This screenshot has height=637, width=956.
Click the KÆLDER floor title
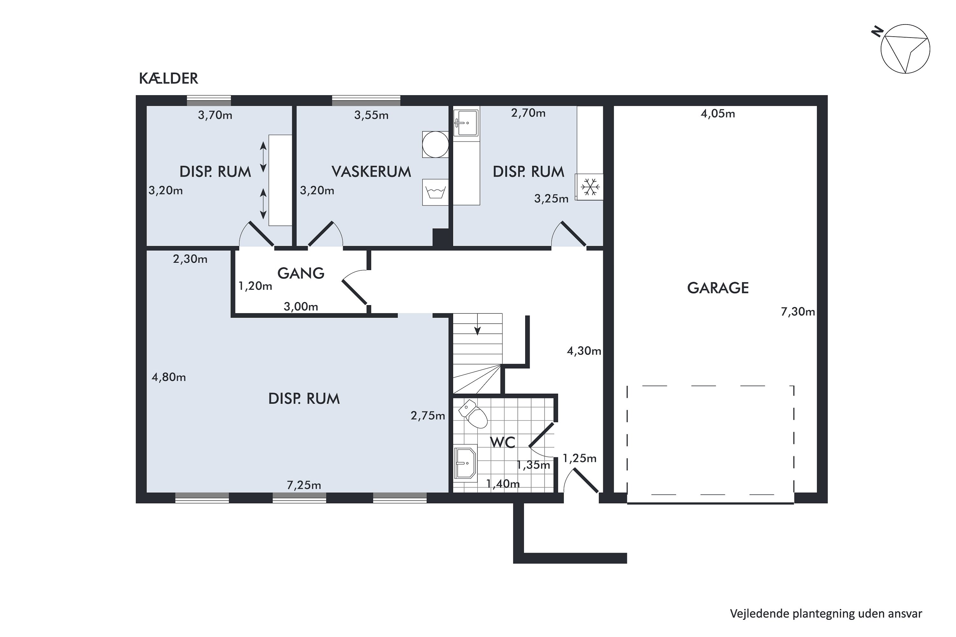pyautogui.click(x=168, y=78)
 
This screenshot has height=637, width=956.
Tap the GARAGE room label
pyautogui.click(x=718, y=288)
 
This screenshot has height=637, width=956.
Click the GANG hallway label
pyautogui.click(x=301, y=273)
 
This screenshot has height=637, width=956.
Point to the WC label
pyautogui.click(x=503, y=442)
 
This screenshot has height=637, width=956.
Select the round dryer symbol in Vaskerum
pyautogui.click(x=435, y=144)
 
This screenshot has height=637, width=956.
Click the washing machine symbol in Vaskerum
pyautogui.click(x=435, y=192)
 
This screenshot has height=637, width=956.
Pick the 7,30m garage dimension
pyautogui.click(x=798, y=312)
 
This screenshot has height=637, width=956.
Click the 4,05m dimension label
pyautogui.click(x=718, y=114)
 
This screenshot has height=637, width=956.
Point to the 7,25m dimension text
pyautogui.click(x=304, y=485)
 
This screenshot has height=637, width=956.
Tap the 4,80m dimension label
pyautogui.click(x=169, y=377)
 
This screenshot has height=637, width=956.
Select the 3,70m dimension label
pyautogui.click(x=215, y=115)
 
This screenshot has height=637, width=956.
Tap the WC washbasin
pyautogui.click(x=465, y=463)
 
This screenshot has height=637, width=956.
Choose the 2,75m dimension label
pyautogui.click(x=428, y=416)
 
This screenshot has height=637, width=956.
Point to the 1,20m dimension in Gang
pyautogui.click(x=255, y=286)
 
